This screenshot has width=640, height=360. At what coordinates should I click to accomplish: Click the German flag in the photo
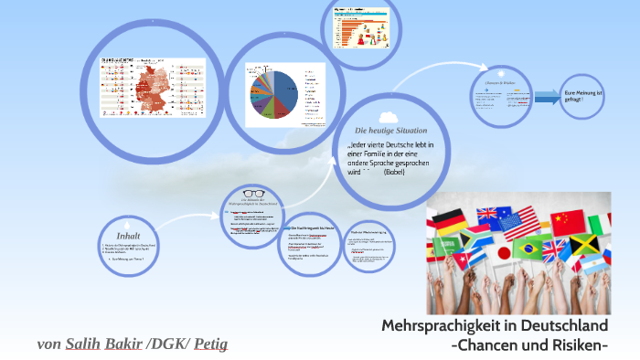click(x=449, y=220)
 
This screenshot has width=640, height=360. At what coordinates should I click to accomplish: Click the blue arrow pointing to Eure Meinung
click(x=547, y=96)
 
